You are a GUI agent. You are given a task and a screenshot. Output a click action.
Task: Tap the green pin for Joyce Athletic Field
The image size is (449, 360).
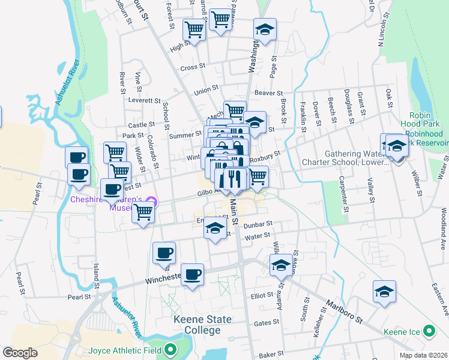click(x=170, y=350)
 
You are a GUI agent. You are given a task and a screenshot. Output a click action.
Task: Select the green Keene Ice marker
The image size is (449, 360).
click(x=429, y=331)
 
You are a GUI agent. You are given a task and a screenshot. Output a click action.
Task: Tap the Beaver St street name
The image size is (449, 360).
click(x=268, y=94)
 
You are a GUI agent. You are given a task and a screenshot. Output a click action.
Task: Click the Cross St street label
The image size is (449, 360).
click(x=193, y=67)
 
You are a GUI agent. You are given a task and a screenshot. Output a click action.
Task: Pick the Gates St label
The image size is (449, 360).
click(x=264, y=323)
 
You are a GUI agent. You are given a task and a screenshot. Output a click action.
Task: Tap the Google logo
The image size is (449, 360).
click(x=20, y=353)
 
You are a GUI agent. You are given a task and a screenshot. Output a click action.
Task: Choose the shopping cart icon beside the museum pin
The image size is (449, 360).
click(x=143, y=211)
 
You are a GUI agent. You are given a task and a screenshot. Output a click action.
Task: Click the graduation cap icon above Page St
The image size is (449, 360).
click(x=264, y=29)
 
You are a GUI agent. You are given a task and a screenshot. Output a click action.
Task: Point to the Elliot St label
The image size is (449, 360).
click(x=262, y=295)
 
